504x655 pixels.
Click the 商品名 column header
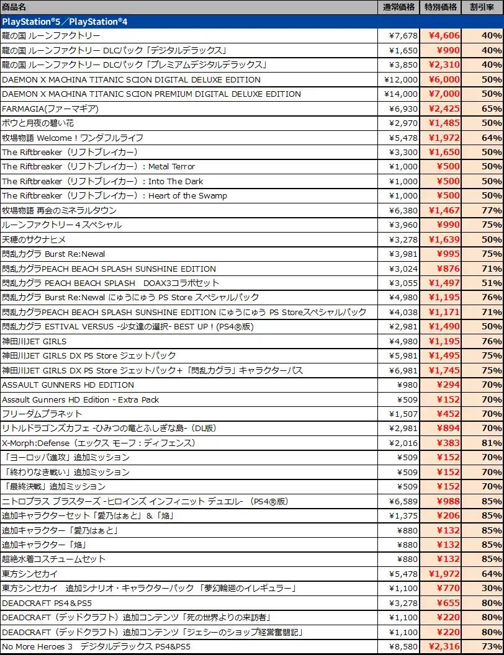click(x=14, y=7)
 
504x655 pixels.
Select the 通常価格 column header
click(x=398, y=7)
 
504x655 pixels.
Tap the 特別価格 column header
click(x=441, y=7)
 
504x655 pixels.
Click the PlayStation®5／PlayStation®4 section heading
click(x=65, y=22)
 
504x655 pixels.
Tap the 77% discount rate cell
click(x=492, y=210)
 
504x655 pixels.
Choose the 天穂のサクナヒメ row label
click(x=34, y=239)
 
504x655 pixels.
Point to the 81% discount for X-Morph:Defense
click(x=492, y=443)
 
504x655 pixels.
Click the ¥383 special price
click(x=448, y=443)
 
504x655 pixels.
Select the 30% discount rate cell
click(x=492, y=588)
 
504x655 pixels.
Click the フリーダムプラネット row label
click(x=42, y=414)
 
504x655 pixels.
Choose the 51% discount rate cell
click(x=492, y=283)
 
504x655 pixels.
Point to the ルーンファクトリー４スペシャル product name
click(x=62, y=225)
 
